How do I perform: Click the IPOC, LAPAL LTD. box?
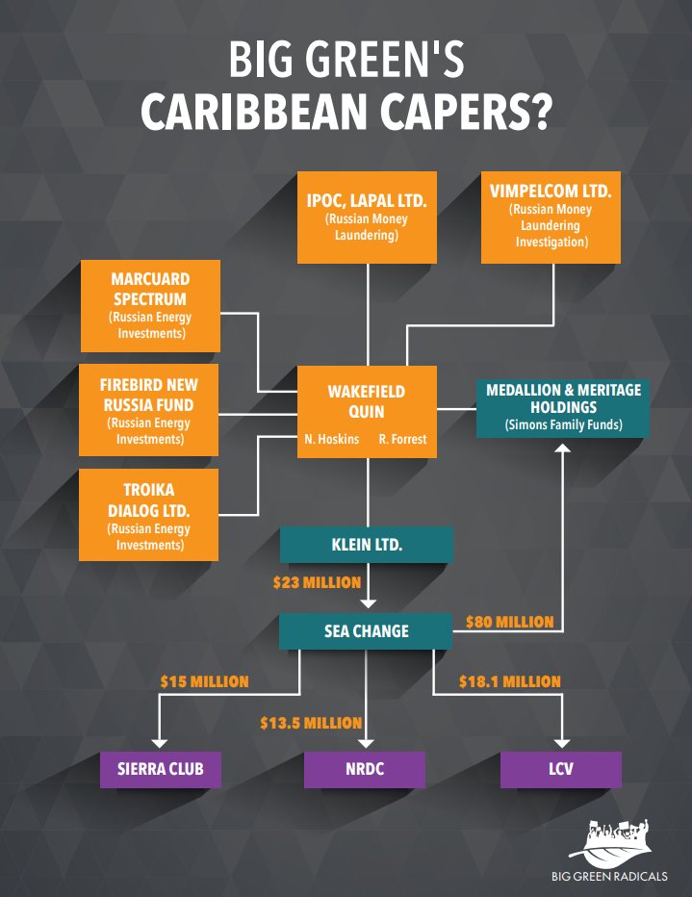pos(367,217)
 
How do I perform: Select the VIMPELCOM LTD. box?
pos(551,217)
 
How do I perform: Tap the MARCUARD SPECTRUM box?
pos(149,306)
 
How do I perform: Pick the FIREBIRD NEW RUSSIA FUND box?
pos(149,410)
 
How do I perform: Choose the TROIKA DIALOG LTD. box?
pos(149,515)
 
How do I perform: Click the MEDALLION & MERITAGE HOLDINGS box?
pos(564,408)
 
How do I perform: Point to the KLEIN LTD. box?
pos(367,545)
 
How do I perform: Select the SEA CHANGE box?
pos(367,631)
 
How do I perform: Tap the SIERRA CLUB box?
pos(161,770)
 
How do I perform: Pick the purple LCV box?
pos(561,770)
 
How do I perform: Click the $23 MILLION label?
pos(317,582)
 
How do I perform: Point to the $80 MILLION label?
pos(509,622)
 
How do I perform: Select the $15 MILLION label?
pos(204,681)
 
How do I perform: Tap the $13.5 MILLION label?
pos(311,723)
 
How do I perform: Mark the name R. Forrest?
pos(402,439)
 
